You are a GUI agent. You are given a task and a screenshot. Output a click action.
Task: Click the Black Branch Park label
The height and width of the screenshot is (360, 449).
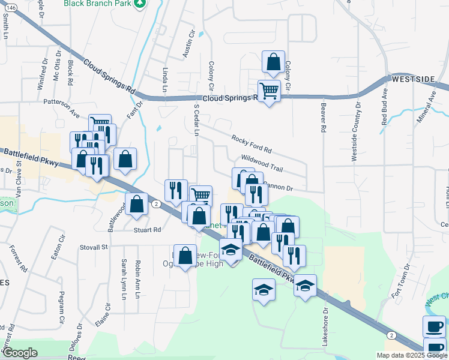[x=97, y=3]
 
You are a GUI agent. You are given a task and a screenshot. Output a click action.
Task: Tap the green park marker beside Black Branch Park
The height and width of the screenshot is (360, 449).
[x=140, y=4]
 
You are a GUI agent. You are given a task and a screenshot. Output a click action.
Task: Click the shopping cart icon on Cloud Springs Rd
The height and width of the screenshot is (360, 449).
[x=270, y=91]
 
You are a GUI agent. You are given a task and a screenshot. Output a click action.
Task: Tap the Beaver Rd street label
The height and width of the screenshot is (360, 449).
[x=323, y=117]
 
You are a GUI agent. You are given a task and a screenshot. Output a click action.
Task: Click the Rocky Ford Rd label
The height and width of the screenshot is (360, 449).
[x=252, y=143]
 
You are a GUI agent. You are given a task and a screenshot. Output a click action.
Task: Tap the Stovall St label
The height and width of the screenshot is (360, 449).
[x=94, y=247]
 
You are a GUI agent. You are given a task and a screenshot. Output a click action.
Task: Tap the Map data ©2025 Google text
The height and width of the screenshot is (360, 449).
[x=411, y=355]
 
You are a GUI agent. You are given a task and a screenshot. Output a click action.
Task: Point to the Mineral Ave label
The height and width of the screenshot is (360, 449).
[x=431, y=103]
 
